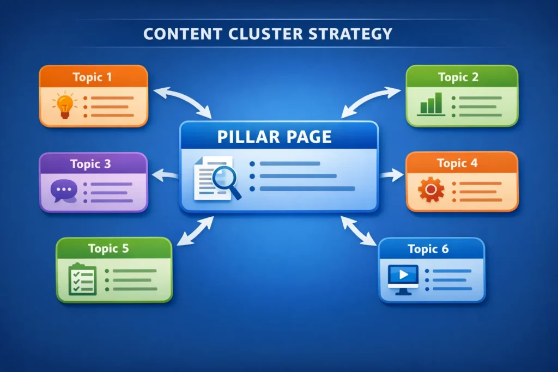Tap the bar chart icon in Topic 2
(x=431, y=103)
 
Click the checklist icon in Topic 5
(x=82, y=279)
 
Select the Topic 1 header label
(x=92, y=77)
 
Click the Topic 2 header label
(x=458, y=77)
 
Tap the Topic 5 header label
(x=108, y=249)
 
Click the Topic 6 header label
(x=428, y=249)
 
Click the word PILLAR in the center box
(x=246, y=136)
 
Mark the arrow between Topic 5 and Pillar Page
(x=196, y=230)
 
